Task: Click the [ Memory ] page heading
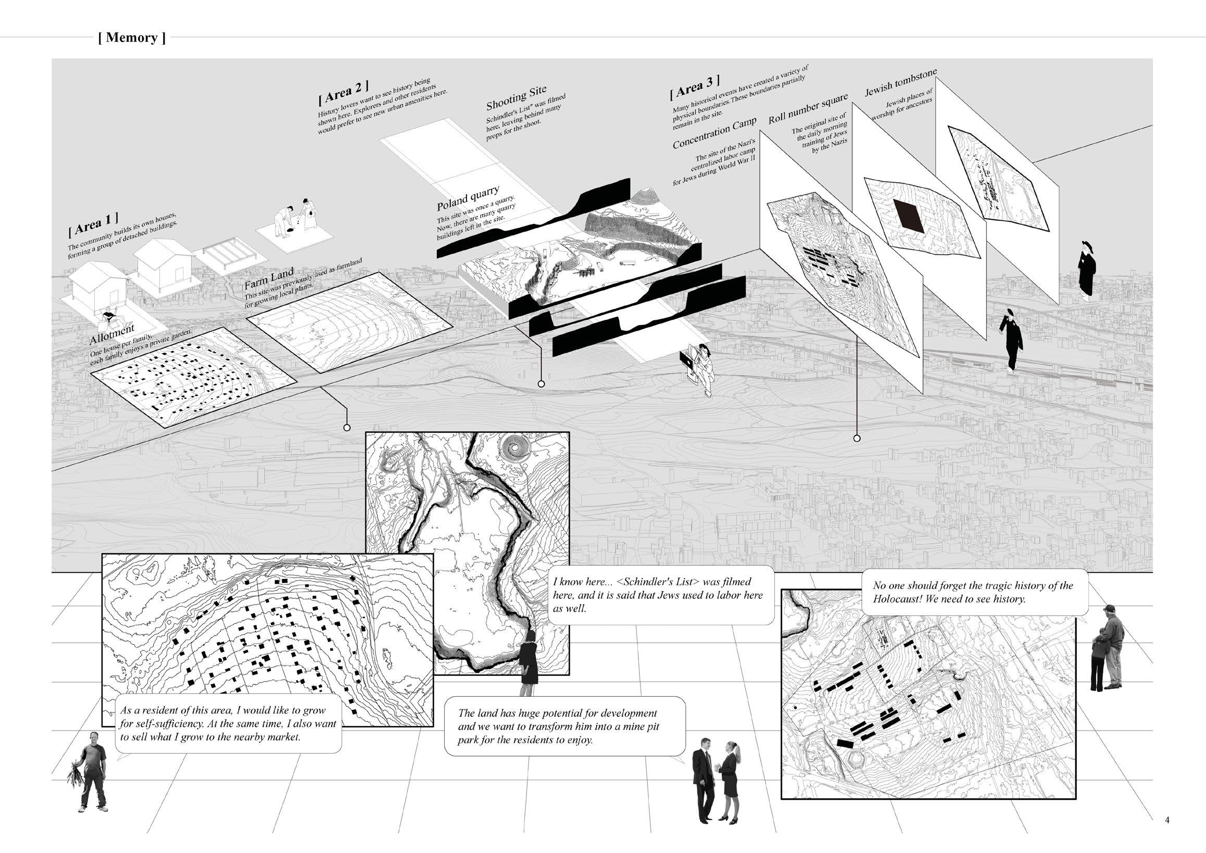tap(132, 38)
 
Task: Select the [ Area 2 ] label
tap(343, 91)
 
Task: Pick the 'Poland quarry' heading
tap(468, 197)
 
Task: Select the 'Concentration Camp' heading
tap(714, 132)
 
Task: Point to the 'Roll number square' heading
tap(808, 109)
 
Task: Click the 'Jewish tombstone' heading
tap(900, 82)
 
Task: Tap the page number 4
tap(1166, 820)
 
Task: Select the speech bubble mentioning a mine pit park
tap(564, 726)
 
